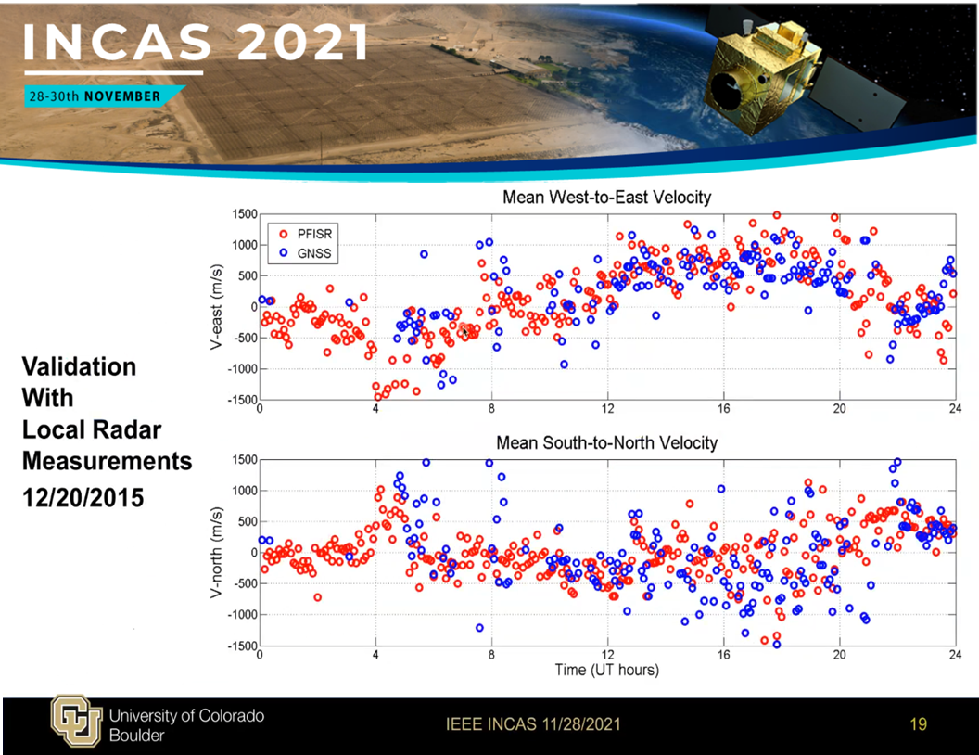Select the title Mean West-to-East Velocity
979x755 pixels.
[607, 198]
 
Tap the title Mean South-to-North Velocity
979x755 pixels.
[607, 442]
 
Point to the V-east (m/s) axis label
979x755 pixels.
[216, 307]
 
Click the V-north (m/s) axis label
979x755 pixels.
[216, 552]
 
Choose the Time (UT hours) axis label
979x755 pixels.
[607, 670]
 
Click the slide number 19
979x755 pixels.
[919, 724]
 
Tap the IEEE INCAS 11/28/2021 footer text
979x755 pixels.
[533, 724]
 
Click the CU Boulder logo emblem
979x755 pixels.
[76, 722]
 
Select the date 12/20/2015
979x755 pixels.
[83, 498]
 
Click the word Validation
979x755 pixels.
[80, 366]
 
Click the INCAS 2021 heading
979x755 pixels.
[196, 43]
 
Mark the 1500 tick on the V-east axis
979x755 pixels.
[245, 214]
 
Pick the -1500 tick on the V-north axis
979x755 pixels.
[243, 646]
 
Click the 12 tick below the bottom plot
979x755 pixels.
[607, 655]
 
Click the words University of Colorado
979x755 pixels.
[186, 716]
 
